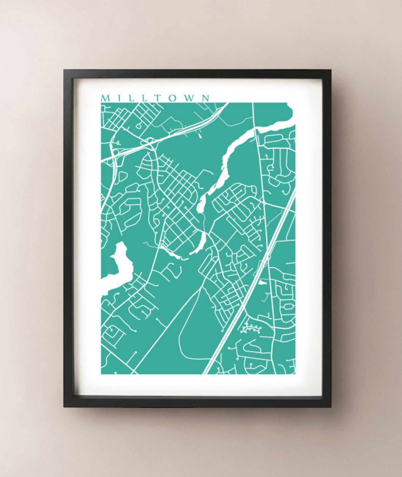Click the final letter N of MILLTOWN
206,98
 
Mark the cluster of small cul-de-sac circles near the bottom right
251,328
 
